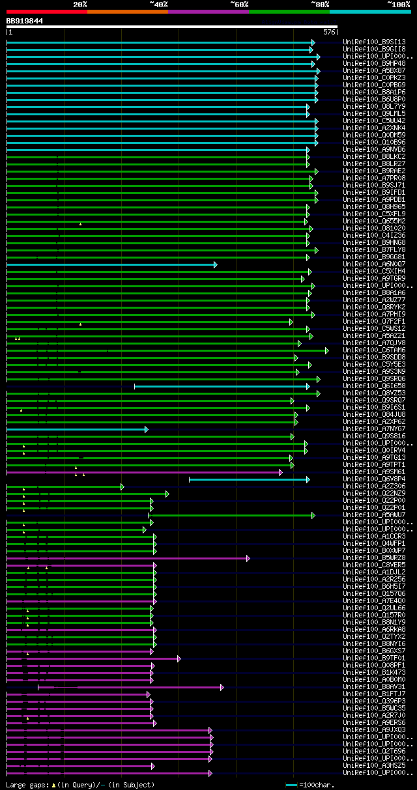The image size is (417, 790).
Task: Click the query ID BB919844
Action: (25, 21)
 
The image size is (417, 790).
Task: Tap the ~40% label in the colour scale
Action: (158, 4)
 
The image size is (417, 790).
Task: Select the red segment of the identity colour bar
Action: (46, 11)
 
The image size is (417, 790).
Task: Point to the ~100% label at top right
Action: (398, 4)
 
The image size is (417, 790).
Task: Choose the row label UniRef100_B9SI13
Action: (374, 42)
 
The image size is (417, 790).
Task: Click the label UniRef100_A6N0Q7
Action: (374, 264)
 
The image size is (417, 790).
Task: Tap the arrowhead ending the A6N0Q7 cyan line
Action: (215, 264)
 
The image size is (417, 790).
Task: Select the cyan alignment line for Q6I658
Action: (222, 386)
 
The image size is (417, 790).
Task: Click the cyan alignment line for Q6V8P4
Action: (248, 479)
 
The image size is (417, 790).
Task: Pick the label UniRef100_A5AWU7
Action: (374, 515)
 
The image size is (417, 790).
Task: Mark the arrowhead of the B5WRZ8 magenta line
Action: (248, 558)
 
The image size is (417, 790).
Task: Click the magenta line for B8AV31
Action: (150, 687)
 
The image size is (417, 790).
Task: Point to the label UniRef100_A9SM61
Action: (374, 472)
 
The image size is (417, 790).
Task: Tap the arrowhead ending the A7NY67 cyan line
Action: (147, 429)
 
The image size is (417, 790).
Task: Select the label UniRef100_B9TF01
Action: (374, 658)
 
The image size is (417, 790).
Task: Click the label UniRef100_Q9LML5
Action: (374, 113)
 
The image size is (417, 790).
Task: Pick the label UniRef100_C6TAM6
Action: (374, 350)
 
